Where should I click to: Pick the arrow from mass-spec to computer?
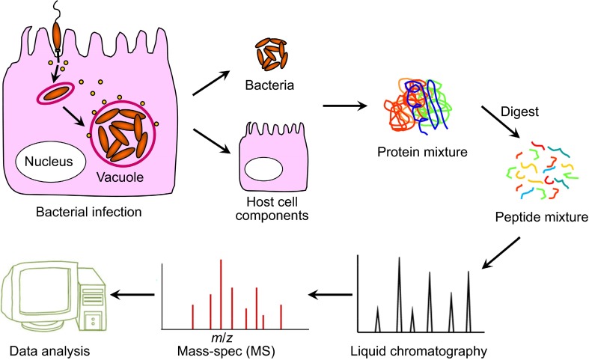tap(132, 294)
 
